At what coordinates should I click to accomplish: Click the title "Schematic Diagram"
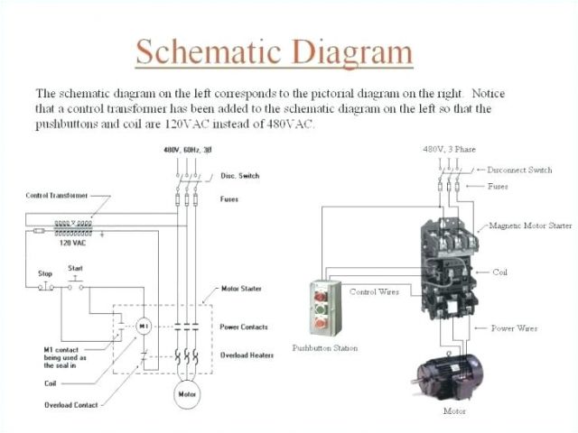pos(275,51)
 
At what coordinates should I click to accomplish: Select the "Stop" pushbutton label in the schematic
pos(45,272)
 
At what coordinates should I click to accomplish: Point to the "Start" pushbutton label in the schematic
pos(76,268)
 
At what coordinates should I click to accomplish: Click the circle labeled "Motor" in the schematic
pos(188,394)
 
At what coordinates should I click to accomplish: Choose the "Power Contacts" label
pos(243,327)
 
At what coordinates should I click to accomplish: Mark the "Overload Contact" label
pos(72,405)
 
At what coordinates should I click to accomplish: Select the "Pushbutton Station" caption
pos(324,347)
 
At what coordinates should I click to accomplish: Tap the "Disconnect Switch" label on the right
pos(519,170)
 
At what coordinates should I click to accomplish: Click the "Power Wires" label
pos(515,328)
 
